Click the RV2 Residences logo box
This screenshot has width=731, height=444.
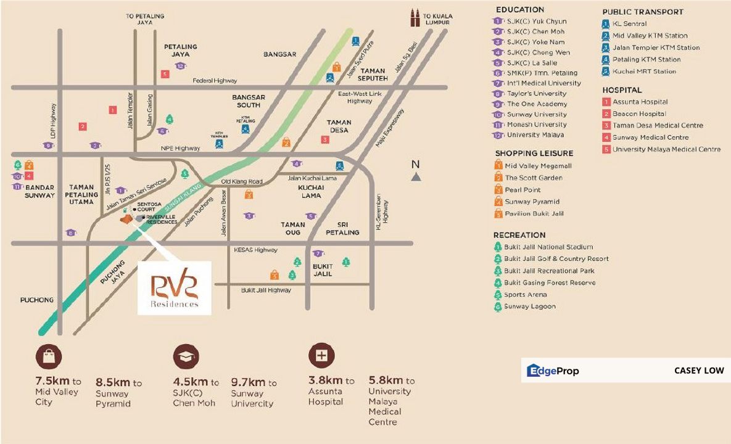(174, 288)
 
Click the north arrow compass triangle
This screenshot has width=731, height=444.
(416, 177)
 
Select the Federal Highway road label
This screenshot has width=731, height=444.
(215, 81)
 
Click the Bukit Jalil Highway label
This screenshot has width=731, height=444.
(266, 290)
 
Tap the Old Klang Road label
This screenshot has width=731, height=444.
(242, 182)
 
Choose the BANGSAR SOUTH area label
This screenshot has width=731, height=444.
(249, 101)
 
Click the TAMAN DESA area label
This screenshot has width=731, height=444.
(338, 126)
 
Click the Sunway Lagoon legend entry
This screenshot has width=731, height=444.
(529, 306)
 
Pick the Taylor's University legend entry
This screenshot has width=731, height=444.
(536, 94)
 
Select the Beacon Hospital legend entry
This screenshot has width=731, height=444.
(638, 114)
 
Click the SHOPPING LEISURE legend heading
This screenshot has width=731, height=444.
(534, 153)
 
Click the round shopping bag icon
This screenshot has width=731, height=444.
(48, 356)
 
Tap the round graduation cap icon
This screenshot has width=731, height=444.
(185, 356)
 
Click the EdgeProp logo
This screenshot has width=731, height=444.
(553, 371)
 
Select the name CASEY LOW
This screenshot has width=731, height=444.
(698, 371)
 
